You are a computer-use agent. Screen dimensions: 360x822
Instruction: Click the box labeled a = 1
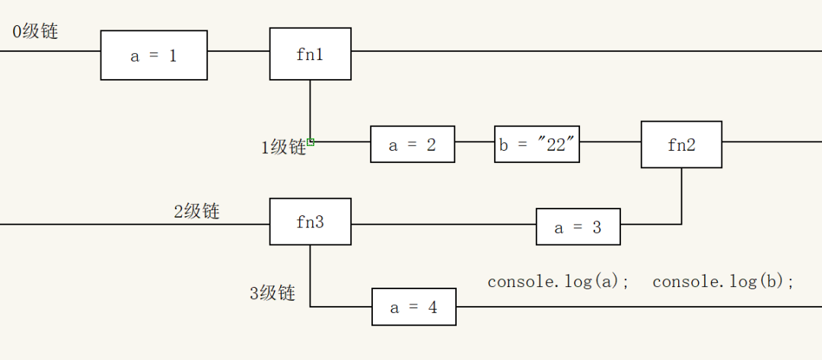[154, 56]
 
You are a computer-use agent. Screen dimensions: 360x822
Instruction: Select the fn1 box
[310, 54]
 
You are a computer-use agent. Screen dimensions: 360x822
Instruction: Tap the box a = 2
[413, 145]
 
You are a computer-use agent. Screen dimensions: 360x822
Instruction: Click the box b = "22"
[537, 145]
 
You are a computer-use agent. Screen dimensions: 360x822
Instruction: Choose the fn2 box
[681, 145]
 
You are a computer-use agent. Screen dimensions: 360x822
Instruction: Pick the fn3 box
[310, 222]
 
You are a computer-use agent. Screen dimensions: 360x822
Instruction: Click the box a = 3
[578, 227]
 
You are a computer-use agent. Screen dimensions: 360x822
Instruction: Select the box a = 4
[413, 307]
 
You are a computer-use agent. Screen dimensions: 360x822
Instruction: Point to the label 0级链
[35, 32]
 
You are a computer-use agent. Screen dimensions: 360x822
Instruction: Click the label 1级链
[283, 147]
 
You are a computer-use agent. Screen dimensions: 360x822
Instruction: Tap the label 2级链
[196, 211]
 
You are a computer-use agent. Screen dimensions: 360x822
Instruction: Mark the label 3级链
[272, 293]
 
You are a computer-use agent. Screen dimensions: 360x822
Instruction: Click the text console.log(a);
[559, 282]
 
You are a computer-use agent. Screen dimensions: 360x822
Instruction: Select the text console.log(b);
[723, 282]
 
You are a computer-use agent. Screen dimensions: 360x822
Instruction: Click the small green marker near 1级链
[311, 142]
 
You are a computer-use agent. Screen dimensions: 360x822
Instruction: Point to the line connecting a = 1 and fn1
[238, 51]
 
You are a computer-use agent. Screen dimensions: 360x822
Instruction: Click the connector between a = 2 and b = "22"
[474, 142]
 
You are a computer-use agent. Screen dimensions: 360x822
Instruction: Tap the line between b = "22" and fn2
[610, 142]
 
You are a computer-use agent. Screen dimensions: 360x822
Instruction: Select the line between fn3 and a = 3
[443, 225]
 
